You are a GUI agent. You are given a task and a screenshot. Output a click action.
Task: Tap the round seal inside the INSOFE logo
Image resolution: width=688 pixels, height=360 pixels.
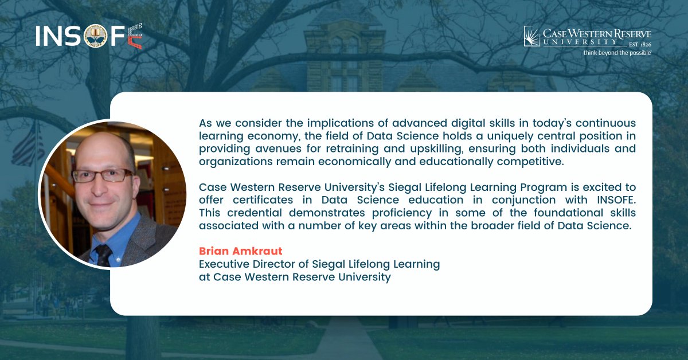click(96, 36)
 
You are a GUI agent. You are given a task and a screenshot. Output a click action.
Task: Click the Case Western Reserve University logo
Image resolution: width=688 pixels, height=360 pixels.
click(587, 40)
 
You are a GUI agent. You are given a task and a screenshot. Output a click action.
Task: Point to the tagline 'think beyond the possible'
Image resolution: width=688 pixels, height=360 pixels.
click(617, 53)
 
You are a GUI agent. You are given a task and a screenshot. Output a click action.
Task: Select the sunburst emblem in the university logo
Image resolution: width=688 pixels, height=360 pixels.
click(532, 36)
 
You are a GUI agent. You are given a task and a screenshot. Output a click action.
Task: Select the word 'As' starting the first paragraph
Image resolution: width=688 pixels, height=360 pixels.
click(205, 123)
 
